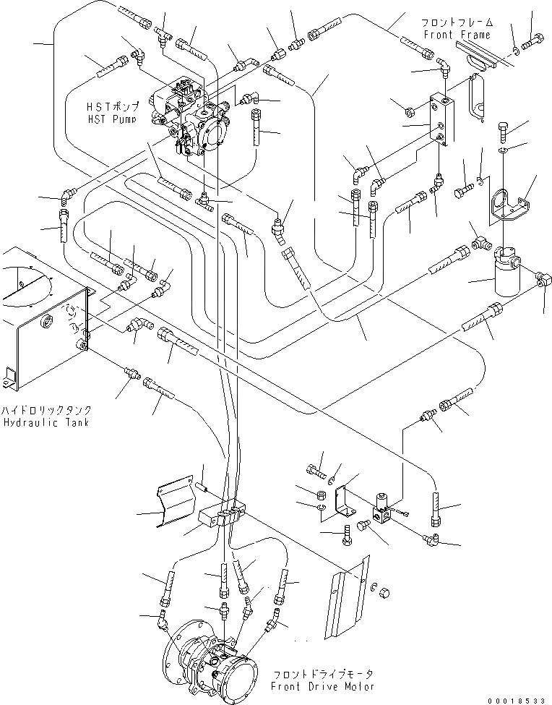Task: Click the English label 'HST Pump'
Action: point(112,119)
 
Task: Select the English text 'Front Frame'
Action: point(457,35)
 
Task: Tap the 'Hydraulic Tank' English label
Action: point(46,422)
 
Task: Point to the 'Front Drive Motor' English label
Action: point(322,687)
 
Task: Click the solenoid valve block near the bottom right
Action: point(381,510)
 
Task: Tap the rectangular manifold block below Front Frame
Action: point(442,119)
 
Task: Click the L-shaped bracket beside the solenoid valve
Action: point(344,502)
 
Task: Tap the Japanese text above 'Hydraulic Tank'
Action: point(46,410)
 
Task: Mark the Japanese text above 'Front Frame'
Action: point(457,22)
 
